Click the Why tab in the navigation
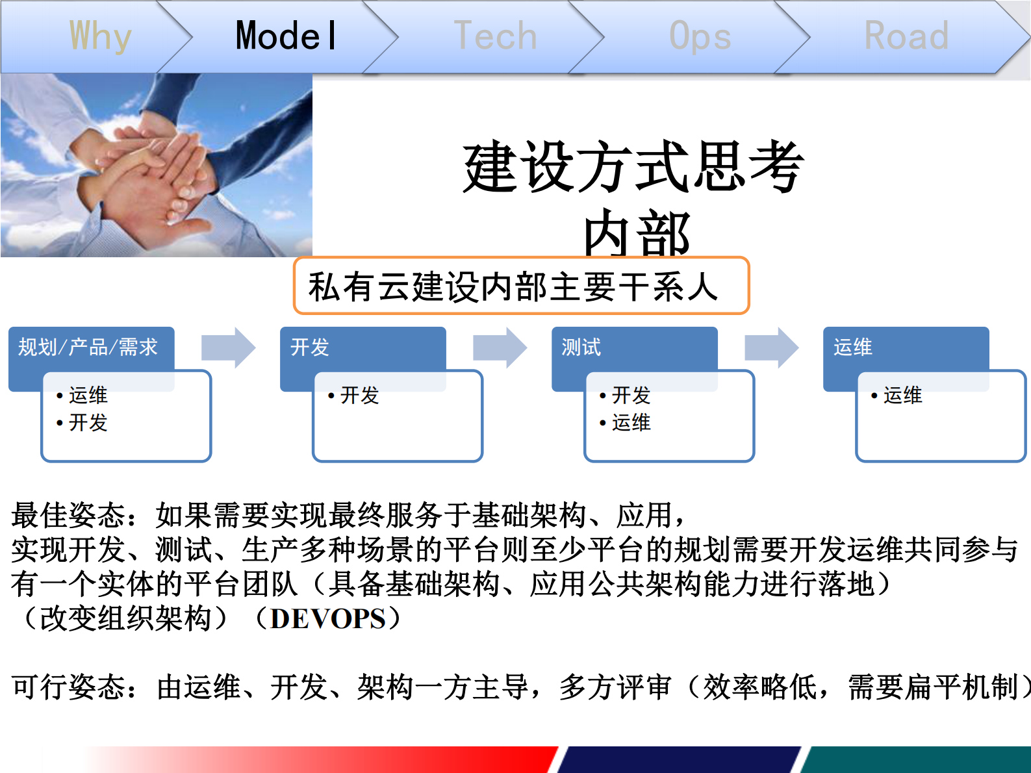(100, 36)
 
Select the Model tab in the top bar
(286, 36)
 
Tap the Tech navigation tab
(495, 36)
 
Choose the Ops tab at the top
(700, 36)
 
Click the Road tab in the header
(906, 36)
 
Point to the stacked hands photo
(156, 166)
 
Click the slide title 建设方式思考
(633, 168)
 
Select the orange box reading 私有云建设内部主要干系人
(521, 286)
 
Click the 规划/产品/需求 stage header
(88, 348)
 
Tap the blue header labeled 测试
(581, 348)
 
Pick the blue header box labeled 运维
(853, 348)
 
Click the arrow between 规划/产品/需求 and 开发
(228, 348)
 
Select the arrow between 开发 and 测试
(500, 348)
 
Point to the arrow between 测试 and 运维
(771, 348)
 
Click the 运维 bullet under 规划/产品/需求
(88, 395)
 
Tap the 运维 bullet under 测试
(631, 423)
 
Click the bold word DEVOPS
(328, 619)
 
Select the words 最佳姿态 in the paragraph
(68, 515)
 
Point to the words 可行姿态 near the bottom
(68, 687)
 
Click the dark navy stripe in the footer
(679, 759)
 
